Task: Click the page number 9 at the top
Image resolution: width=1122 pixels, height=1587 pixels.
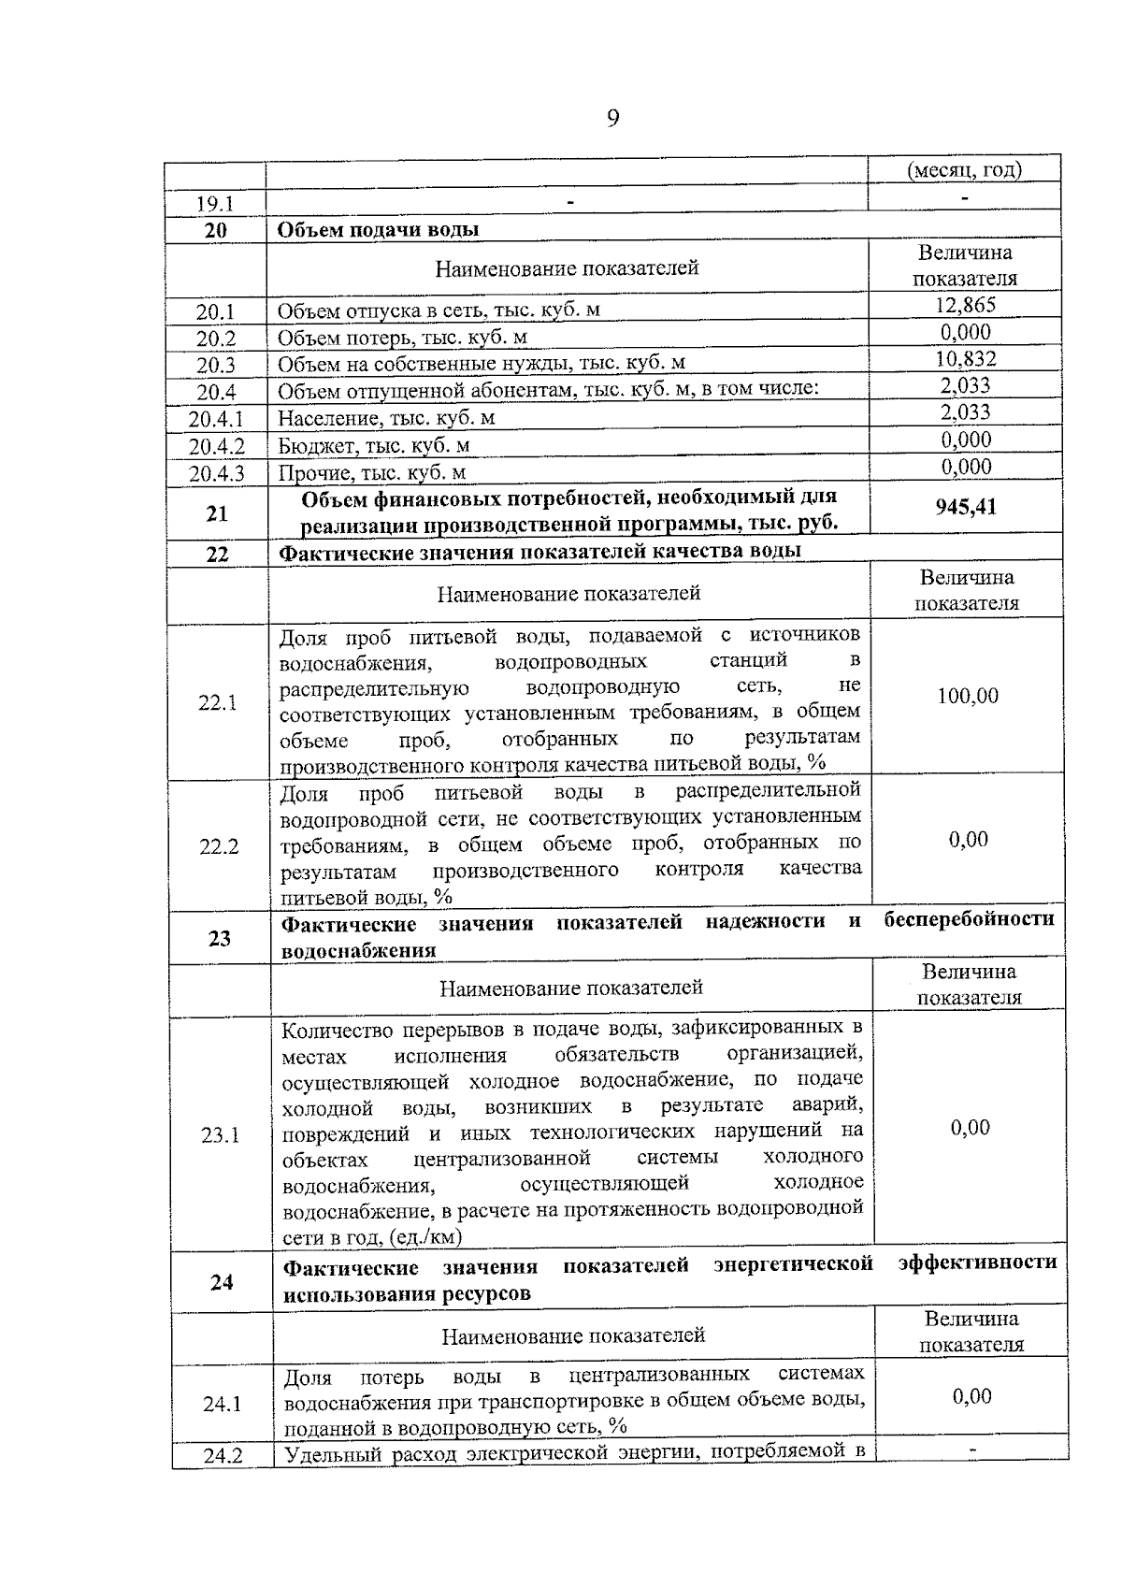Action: pyautogui.click(x=612, y=119)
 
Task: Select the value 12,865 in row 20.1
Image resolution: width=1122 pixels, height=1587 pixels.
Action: pyautogui.click(x=965, y=305)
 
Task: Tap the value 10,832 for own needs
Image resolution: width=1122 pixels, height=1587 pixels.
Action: pyautogui.click(x=965, y=359)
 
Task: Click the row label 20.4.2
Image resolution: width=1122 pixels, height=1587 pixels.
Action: pyautogui.click(x=216, y=447)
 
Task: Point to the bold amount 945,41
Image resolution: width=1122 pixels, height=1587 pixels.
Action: pyautogui.click(x=966, y=507)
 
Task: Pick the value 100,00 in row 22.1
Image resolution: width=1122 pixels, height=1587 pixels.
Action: pyautogui.click(x=968, y=696)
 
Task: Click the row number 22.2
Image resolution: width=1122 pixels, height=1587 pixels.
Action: pyautogui.click(x=219, y=847)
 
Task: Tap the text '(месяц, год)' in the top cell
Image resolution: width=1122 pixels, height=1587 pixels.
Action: pyautogui.click(x=965, y=170)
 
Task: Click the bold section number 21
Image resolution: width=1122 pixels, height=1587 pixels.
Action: pyautogui.click(x=217, y=513)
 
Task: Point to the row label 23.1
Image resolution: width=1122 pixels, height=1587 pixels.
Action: pyautogui.click(x=221, y=1135)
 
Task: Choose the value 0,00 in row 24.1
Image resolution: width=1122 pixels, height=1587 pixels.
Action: pyautogui.click(x=971, y=1396)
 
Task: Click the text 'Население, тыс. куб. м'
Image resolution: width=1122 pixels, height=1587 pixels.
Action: pyautogui.click(x=386, y=418)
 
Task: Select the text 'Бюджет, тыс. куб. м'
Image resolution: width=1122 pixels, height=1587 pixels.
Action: pyautogui.click(x=374, y=445)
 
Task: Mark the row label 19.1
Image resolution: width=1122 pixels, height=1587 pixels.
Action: pyautogui.click(x=215, y=204)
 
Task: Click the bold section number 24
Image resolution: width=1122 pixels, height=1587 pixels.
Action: pyautogui.click(x=222, y=1282)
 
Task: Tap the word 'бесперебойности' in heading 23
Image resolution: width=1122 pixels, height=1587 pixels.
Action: pyautogui.click(x=969, y=920)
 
